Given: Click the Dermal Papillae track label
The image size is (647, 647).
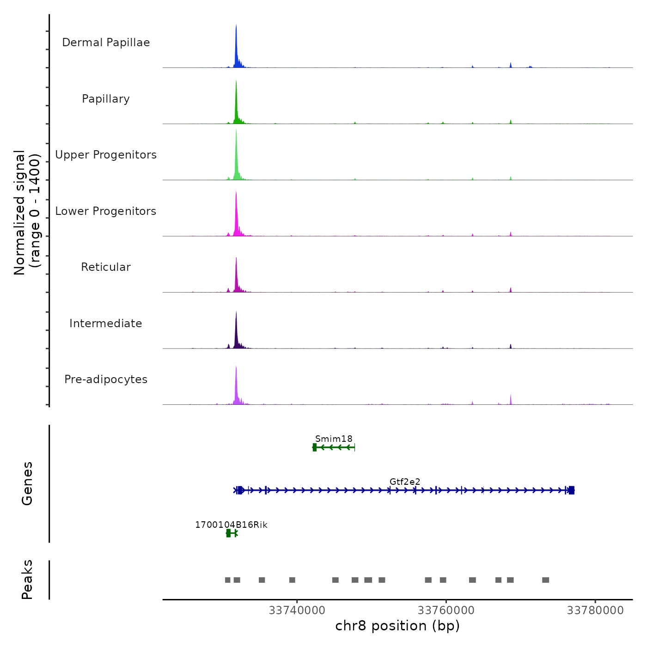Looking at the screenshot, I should click(106, 43).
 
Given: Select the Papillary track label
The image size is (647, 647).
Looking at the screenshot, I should click(106, 99).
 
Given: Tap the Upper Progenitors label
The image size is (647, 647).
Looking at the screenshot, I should click(106, 155).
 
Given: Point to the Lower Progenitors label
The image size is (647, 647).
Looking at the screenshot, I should click(106, 211).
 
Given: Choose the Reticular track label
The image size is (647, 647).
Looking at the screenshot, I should click(106, 267).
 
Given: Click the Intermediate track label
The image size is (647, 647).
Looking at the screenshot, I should click(106, 323).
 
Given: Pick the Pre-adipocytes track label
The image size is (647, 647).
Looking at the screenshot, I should click(106, 379).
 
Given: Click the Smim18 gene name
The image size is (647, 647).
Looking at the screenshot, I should click(334, 439).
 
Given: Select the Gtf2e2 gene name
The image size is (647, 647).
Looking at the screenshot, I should click(405, 482).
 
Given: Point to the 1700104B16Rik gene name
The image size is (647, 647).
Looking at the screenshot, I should click(231, 525).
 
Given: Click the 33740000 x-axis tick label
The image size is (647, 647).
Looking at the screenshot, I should click(297, 610).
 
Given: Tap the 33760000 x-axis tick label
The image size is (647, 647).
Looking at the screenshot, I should click(446, 610).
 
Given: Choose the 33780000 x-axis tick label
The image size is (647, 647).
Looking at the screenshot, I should click(595, 610).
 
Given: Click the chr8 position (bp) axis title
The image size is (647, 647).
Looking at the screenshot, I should click(397, 626).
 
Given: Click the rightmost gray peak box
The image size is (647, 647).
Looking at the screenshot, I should click(546, 580).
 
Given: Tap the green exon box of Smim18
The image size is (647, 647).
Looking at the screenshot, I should click(315, 447).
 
